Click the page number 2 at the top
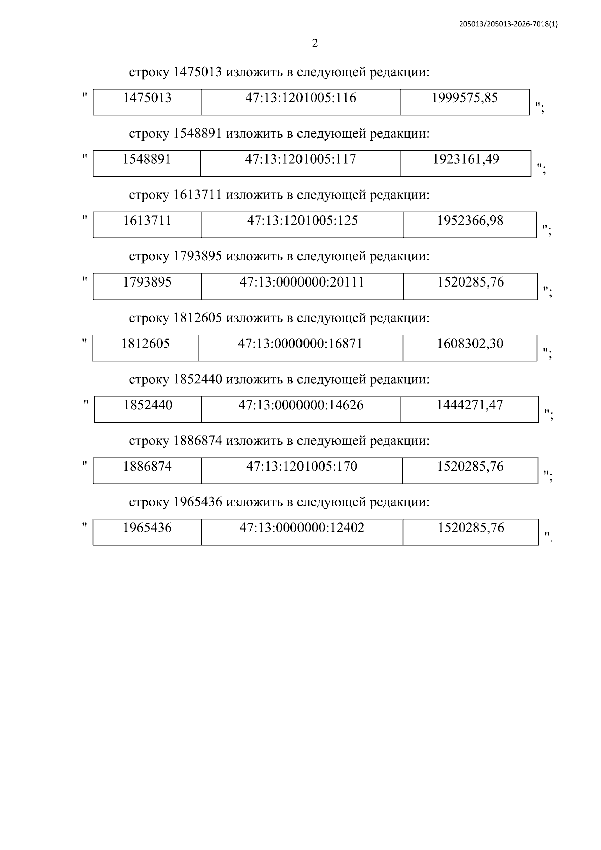pyautogui.click(x=315, y=43)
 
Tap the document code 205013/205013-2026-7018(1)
pyautogui.click(x=508, y=24)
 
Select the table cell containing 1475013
pyautogui.click(x=147, y=102)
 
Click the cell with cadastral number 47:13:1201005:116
pyautogui.click(x=301, y=102)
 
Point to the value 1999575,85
pyautogui.click(x=465, y=98)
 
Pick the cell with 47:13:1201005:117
pyautogui.click(x=300, y=164)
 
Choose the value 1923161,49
pyautogui.click(x=466, y=159)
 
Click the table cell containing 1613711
pyautogui.click(x=147, y=225)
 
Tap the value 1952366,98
pyautogui.click(x=470, y=221)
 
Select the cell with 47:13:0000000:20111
pyautogui.click(x=303, y=287)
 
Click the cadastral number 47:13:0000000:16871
pyautogui.click(x=300, y=344)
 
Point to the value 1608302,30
pyautogui.click(x=470, y=344)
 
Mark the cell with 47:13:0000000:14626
pyautogui.click(x=301, y=409)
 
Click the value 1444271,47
pyautogui.click(x=470, y=405)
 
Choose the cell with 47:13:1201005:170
pyautogui.click(x=302, y=471)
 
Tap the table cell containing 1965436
pyautogui.click(x=147, y=532)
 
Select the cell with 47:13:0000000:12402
pyautogui.click(x=302, y=532)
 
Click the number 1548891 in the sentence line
pyautogui.click(x=198, y=134)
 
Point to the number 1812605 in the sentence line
pyautogui.click(x=198, y=318)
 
